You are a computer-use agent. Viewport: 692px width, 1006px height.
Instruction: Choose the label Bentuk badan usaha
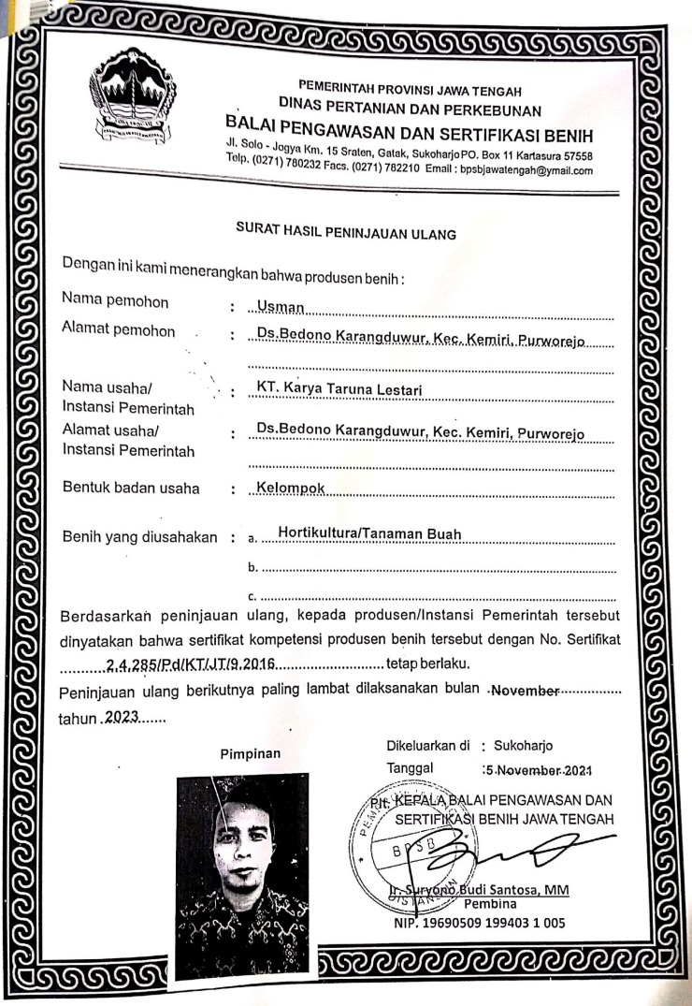[133, 487]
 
